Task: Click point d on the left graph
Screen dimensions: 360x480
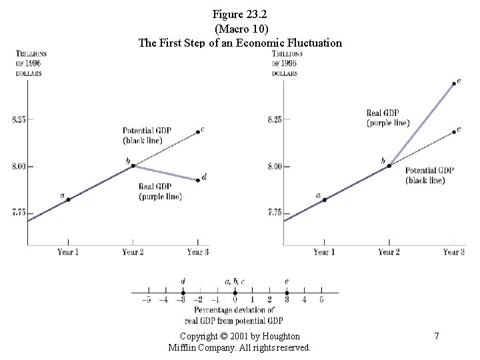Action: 198,180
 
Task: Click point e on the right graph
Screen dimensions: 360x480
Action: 454,83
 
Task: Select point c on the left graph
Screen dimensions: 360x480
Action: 198,132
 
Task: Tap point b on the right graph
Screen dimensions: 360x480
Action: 389,165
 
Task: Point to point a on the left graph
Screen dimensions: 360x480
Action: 68,199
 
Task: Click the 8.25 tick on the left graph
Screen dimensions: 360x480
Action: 18,120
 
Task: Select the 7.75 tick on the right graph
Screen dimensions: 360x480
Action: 273,213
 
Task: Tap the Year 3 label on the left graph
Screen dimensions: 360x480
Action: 198,252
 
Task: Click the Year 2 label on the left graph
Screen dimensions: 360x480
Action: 133,252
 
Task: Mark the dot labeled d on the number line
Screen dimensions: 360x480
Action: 183,292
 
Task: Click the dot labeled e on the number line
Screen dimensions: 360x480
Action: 287,292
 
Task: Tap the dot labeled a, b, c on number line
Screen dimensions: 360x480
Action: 235,292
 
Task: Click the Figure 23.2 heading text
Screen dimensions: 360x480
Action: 239,13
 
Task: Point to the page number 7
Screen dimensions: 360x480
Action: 436,337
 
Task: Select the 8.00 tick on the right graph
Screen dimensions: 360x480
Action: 273,166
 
